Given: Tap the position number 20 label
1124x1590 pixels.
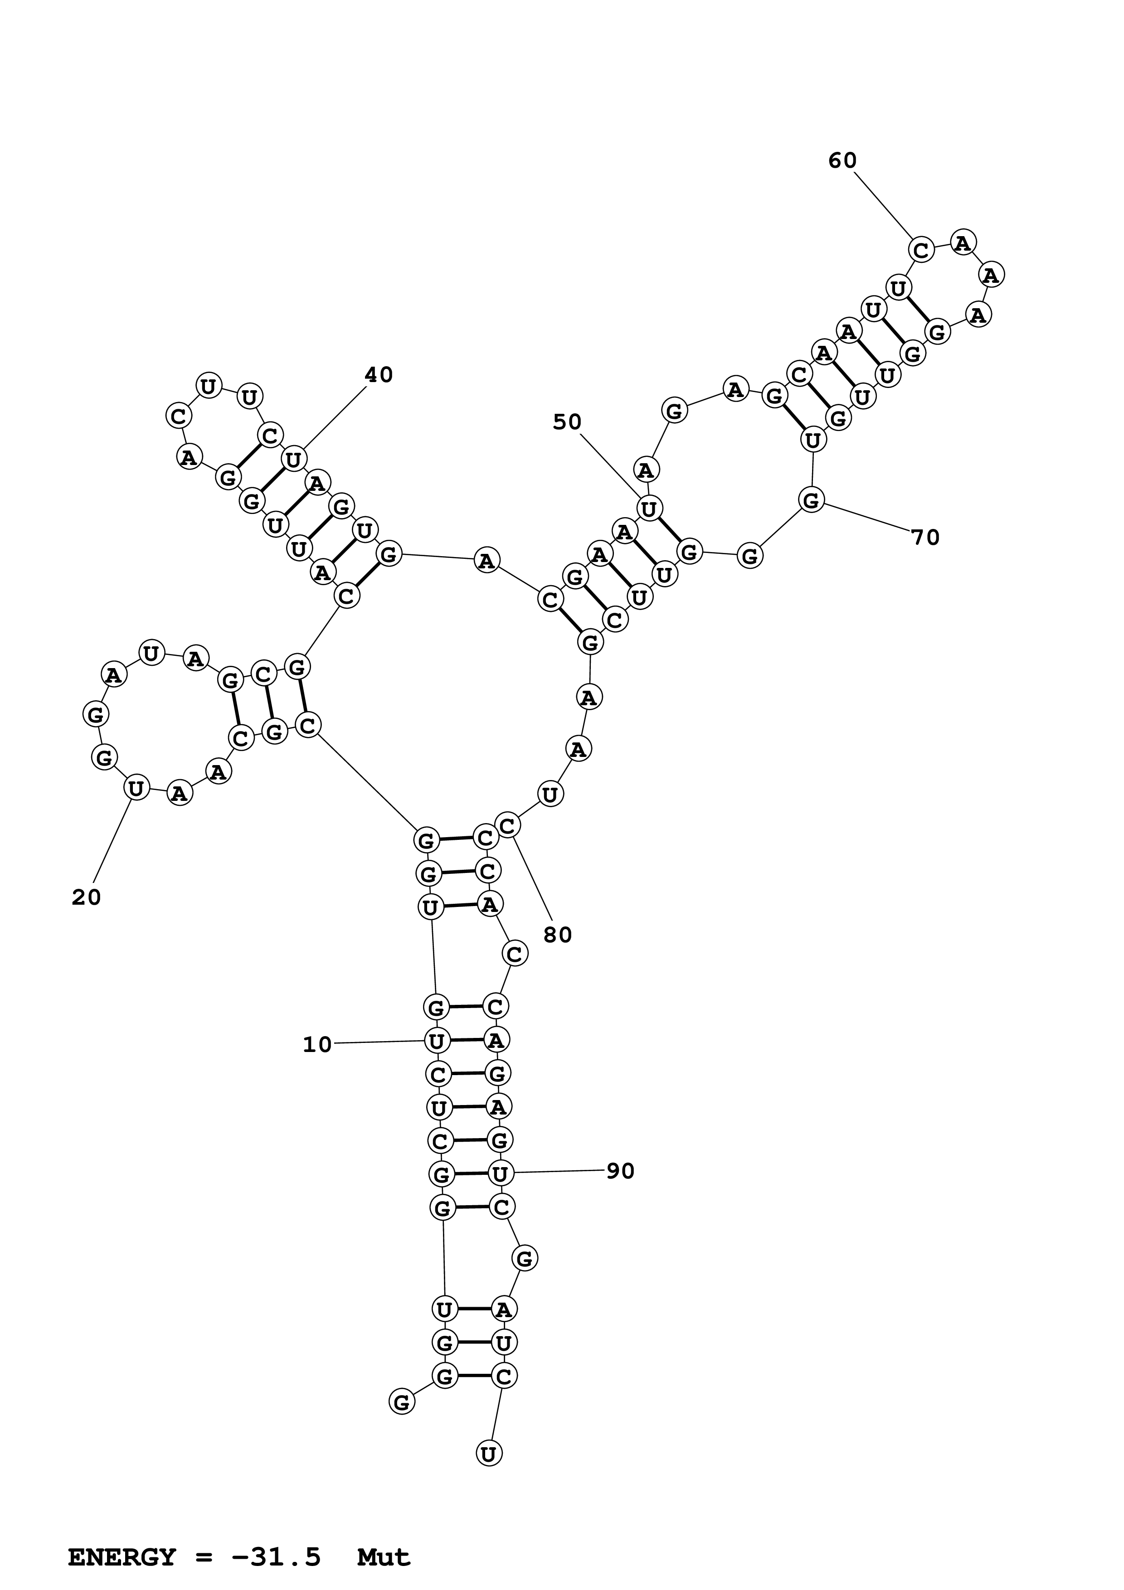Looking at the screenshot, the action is click(87, 897).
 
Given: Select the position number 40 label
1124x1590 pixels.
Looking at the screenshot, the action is click(379, 375).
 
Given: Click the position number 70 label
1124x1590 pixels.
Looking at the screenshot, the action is click(925, 538).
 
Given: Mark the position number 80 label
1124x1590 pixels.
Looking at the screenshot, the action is click(558, 935).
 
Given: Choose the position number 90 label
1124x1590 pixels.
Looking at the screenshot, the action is click(621, 1171).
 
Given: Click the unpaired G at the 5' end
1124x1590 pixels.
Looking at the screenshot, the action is click(402, 1402).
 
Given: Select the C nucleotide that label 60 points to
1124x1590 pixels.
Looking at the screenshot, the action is click(921, 249).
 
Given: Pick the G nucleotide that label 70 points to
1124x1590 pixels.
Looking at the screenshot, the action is click(811, 499).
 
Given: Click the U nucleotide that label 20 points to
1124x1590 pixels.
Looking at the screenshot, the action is click(136, 788).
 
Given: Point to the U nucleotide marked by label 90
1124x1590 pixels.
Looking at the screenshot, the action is click(501, 1173).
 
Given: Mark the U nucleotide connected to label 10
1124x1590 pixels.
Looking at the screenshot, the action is click(436, 1040).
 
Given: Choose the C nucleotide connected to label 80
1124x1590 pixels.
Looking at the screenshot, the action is click(508, 825).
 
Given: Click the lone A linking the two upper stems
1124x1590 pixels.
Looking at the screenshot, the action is click(487, 560).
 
